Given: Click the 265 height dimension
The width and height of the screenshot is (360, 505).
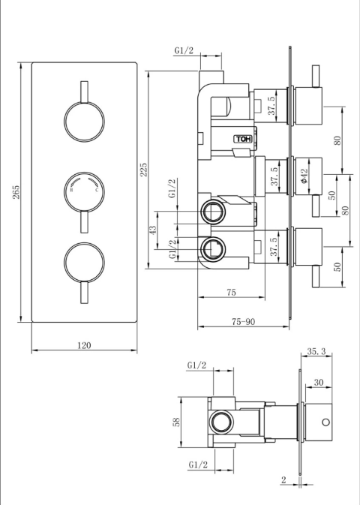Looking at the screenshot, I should pyautogui.click(x=16, y=193).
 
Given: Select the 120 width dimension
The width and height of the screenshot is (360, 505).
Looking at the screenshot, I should pyautogui.click(x=84, y=345).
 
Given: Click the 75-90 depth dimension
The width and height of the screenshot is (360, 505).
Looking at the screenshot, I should pyautogui.click(x=244, y=321).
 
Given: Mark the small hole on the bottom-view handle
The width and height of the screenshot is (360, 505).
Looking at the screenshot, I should pyautogui.click(x=325, y=422).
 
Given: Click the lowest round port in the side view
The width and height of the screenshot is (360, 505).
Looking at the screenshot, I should pyautogui.click(x=211, y=248).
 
